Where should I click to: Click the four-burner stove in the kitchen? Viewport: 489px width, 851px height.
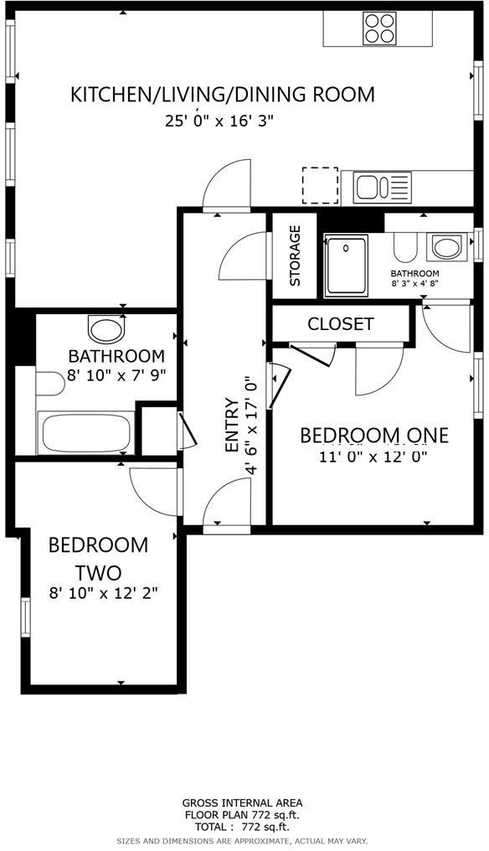point(380,28)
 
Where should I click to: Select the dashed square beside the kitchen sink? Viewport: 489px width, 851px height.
point(319,185)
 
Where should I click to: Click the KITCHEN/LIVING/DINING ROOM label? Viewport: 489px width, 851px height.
point(222,95)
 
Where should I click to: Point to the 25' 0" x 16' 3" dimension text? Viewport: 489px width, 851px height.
point(219,121)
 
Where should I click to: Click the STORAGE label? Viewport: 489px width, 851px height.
point(295,255)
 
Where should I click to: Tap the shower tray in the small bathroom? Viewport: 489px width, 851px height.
point(347,266)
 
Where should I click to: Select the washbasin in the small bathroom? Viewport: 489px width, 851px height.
point(445,248)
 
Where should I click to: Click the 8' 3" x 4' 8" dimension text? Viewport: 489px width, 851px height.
point(414,284)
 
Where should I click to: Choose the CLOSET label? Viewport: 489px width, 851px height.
point(341,324)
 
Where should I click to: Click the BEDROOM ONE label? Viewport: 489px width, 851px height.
point(373,436)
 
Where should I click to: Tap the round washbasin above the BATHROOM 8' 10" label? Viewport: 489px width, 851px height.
point(106,328)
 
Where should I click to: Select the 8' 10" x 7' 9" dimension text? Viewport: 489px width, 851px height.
point(116,375)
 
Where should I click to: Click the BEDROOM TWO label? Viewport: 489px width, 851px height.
point(98,559)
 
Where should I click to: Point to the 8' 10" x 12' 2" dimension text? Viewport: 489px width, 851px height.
point(103,592)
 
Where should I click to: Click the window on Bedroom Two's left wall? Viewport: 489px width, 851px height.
point(25,616)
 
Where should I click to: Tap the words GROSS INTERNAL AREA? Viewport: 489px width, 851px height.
point(243,802)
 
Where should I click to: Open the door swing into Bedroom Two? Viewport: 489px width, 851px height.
point(151,490)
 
